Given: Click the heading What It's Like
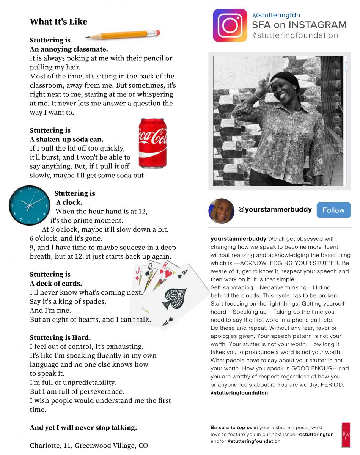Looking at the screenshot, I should point(58,22).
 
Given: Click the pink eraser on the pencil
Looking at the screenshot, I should point(156,33).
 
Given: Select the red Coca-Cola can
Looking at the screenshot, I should point(152,143).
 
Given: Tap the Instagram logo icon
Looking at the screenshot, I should point(230,25).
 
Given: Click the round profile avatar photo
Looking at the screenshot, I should point(221,211).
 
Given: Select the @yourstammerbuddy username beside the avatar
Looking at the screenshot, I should point(275,209).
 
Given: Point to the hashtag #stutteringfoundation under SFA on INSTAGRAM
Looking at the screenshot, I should point(295,36).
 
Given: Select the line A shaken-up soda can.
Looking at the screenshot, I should point(66,140).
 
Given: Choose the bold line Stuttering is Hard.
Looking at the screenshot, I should point(60,337).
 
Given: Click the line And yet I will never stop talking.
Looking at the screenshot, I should point(83,428).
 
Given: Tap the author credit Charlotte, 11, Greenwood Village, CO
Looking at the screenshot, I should point(89,446).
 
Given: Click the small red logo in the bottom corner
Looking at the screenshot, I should point(346,435).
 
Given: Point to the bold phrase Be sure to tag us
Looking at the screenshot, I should point(231,427).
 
